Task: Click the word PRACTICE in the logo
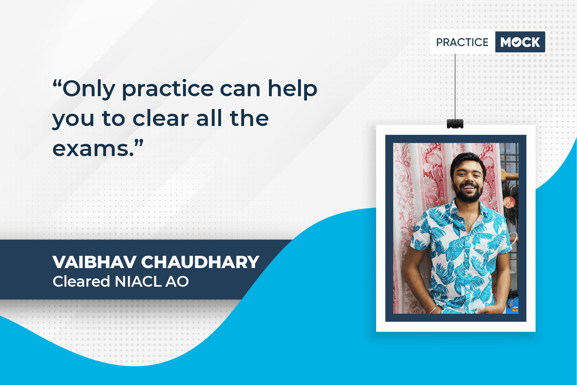(462, 42)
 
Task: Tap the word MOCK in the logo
(520, 42)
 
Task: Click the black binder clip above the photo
(455, 124)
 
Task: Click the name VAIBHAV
(94, 262)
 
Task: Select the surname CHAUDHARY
(200, 262)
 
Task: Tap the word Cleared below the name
(81, 281)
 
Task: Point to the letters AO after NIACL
(177, 281)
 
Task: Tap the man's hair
(467, 162)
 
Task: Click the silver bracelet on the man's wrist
(433, 309)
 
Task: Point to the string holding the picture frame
(455, 86)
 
